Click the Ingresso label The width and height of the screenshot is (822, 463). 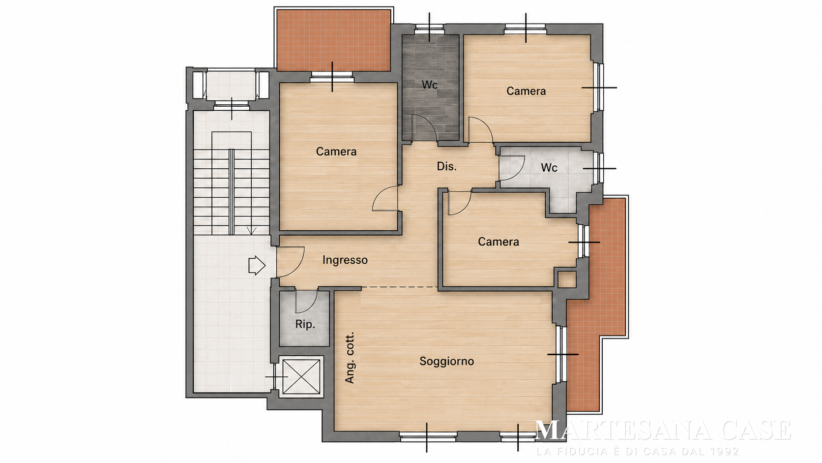click(345, 260)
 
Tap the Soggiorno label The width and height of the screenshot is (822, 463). click(446, 361)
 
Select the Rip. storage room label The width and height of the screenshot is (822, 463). click(305, 325)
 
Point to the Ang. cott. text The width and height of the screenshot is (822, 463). click(350, 358)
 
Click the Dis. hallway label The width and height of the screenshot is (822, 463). click(446, 167)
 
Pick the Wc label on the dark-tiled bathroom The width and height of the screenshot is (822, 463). click(429, 85)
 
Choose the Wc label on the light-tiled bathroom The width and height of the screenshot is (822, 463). click(549, 168)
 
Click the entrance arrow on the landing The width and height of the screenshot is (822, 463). click(257, 266)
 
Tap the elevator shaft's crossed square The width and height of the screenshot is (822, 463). click(301, 377)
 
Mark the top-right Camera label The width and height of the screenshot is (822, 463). click(526, 91)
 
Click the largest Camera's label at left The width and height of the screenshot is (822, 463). click(336, 152)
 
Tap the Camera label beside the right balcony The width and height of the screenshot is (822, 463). click(499, 242)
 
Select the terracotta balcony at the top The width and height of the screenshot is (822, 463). click(333, 40)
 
